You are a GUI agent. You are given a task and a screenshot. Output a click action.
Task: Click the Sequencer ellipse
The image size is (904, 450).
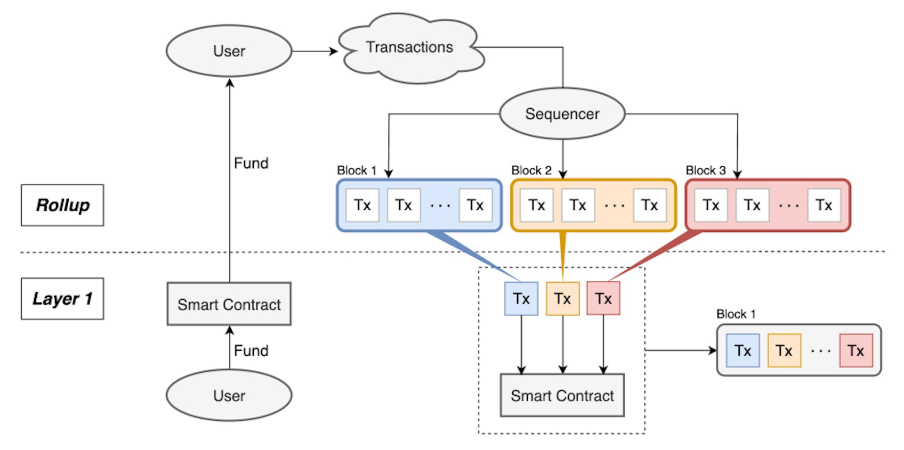pyautogui.click(x=562, y=114)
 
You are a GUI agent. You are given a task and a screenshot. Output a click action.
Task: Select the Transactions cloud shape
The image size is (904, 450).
pyautogui.click(x=410, y=48)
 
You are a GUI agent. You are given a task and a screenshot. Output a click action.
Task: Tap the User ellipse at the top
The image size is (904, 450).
pyautogui.click(x=229, y=51)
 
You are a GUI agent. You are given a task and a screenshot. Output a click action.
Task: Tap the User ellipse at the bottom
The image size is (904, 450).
pyautogui.click(x=229, y=395)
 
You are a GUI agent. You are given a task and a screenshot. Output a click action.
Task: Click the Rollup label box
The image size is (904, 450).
pyautogui.click(x=62, y=205)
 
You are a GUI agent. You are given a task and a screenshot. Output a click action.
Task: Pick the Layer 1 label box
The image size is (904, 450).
pyautogui.click(x=62, y=298)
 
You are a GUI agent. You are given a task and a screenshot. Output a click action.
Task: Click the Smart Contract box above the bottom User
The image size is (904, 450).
pyautogui.click(x=229, y=304)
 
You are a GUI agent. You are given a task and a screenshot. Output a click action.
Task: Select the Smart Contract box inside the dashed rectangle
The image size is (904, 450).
pyautogui.click(x=562, y=395)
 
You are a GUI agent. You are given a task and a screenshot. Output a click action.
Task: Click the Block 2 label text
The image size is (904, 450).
pyautogui.click(x=531, y=170)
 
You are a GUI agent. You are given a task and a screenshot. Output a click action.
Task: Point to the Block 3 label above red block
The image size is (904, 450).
pyautogui.click(x=705, y=170)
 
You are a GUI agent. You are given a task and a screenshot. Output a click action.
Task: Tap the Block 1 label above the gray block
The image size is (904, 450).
pyautogui.click(x=736, y=314)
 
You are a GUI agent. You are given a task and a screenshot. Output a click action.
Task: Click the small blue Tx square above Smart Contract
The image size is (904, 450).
pyautogui.click(x=521, y=298)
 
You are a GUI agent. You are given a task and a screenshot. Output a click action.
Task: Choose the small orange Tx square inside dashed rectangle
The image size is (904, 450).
pyautogui.click(x=562, y=298)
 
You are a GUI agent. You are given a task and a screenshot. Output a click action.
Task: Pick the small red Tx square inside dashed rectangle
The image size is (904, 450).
pyautogui.click(x=603, y=298)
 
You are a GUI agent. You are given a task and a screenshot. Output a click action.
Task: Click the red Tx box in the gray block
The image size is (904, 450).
pyautogui.click(x=856, y=351)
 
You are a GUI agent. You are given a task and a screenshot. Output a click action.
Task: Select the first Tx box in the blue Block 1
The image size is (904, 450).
pyautogui.click(x=362, y=205)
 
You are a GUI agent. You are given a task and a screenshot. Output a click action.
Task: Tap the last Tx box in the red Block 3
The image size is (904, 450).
pyautogui.click(x=824, y=205)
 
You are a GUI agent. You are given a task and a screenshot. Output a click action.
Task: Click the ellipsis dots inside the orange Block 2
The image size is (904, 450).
pyautogui.click(x=614, y=206)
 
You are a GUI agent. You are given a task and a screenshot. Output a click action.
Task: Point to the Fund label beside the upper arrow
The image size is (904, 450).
pyautogui.click(x=251, y=163)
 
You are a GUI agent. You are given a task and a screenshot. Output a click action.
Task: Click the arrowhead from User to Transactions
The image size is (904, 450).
pyautogui.click(x=334, y=51)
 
